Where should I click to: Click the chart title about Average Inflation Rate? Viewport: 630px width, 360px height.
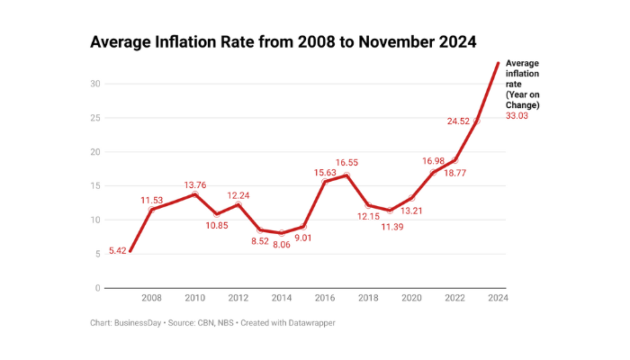click(283, 41)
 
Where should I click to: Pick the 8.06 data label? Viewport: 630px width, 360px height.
click(282, 244)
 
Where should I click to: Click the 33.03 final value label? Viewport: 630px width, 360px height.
click(518, 116)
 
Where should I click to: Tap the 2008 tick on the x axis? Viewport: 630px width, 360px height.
click(151, 298)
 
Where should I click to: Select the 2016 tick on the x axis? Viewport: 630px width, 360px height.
click(325, 298)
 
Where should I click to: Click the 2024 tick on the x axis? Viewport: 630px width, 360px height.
click(498, 298)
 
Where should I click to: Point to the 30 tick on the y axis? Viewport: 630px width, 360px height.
click(94, 84)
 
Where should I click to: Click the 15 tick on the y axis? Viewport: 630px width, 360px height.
click(94, 186)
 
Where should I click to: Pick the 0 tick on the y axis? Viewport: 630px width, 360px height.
click(97, 289)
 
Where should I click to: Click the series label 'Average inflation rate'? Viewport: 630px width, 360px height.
click(524, 84)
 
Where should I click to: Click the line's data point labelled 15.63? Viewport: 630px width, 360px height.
click(325, 182)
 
